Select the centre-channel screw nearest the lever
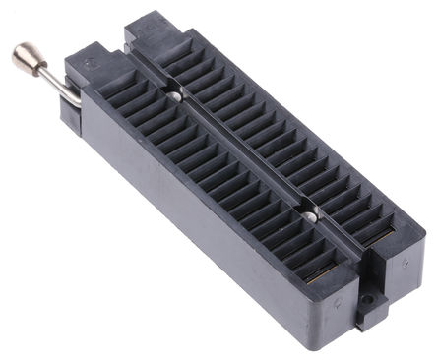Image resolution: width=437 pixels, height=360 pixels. (175, 95)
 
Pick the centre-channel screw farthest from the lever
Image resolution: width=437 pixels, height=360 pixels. (309, 214)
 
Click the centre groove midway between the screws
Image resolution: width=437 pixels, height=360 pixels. (242, 154)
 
